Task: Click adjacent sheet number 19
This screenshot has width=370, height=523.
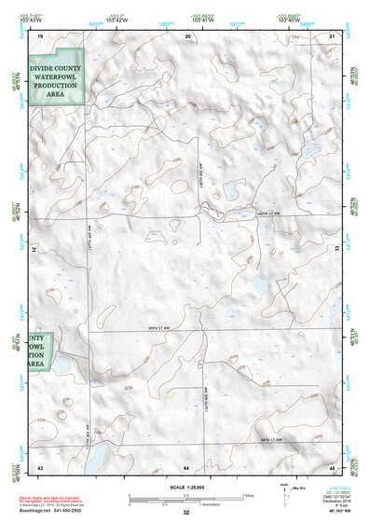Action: tap(40, 35)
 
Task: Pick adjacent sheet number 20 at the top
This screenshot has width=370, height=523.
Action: tap(188, 35)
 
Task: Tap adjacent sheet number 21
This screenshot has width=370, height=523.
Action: tap(333, 35)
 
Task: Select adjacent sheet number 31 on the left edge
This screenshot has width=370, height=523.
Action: tap(34, 250)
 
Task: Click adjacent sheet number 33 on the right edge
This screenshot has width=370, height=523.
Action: tap(337, 250)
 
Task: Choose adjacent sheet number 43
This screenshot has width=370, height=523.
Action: tap(40, 465)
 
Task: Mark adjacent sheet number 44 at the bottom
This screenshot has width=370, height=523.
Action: tap(186, 465)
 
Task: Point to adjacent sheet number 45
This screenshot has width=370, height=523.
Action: tap(333, 465)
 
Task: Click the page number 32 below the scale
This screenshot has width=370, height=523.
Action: tap(186, 514)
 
